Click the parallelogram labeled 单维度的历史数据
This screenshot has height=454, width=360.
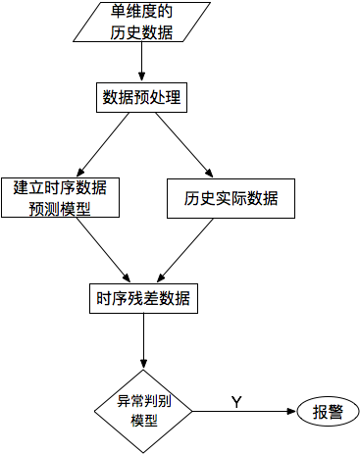(x=141, y=22)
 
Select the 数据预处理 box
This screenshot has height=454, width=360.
(x=142, y=97)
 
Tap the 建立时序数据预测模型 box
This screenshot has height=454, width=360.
(x=60, y=198)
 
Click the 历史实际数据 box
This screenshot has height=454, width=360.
(x=231, y=198)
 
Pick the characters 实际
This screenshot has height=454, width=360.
(x=231, y=198)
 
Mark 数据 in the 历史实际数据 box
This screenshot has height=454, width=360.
(x=262, y=198)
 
